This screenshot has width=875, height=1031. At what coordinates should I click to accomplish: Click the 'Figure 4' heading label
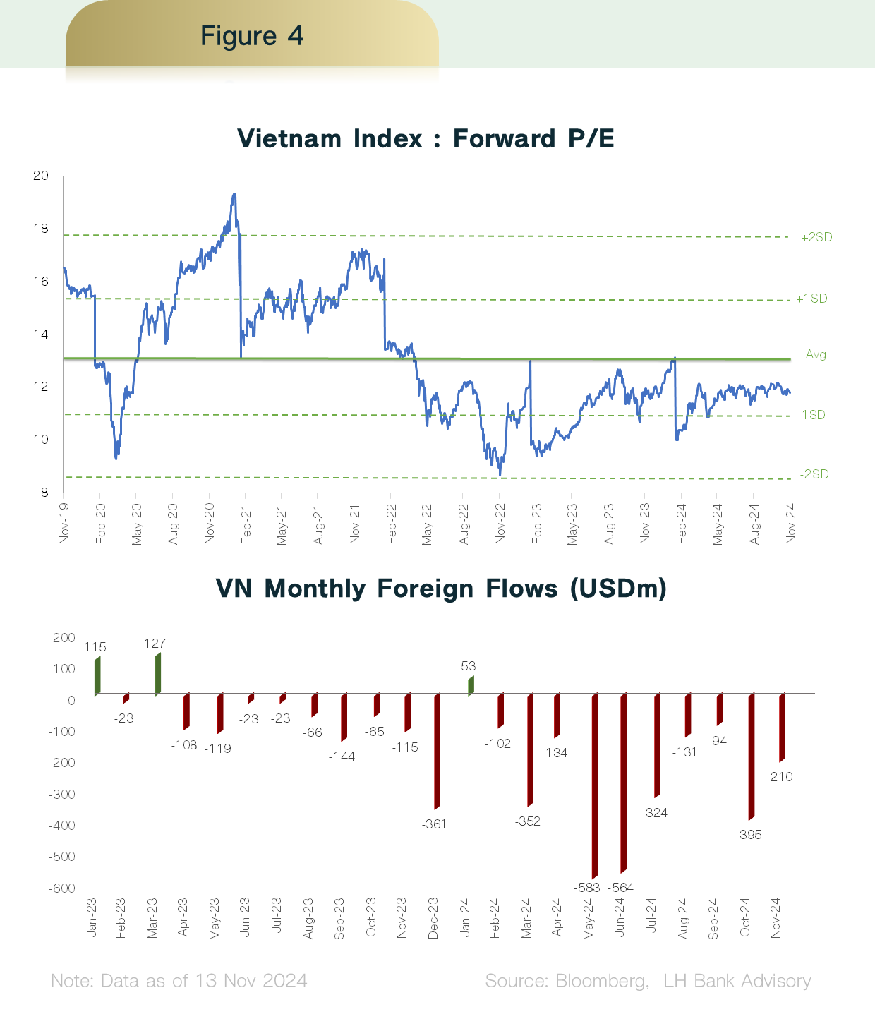pos(252,35)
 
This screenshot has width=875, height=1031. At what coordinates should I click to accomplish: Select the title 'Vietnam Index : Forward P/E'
pos(426,138)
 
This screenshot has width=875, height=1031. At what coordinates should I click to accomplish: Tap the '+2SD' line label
pos(816,237)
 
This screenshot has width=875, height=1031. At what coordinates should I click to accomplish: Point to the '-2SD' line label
pos(814,474)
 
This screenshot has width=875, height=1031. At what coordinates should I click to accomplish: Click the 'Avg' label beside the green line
pos(816,354)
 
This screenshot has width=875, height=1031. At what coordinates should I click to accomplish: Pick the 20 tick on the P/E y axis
pos(41,176)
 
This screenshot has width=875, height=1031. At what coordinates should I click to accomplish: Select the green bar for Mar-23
pos(158,674)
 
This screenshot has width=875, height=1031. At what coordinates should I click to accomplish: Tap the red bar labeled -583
pos(595,785)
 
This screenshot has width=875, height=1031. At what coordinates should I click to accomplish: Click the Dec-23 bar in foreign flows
pos(437,751)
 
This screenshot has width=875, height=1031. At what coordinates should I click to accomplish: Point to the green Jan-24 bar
pos(471,685)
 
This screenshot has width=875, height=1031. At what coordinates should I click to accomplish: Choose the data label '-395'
pos(748,835)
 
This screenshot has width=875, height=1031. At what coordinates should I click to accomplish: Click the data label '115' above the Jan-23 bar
pos(95,647)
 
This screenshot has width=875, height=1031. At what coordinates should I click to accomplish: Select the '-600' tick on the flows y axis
pos(61,888)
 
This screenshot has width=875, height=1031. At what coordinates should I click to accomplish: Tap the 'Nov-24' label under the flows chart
pos(776,918)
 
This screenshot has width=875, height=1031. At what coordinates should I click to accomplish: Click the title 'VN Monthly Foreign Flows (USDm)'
pos(441,588)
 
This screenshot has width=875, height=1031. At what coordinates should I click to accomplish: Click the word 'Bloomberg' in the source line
pos(600,981)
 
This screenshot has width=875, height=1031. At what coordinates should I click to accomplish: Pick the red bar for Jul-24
pos(658,745)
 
